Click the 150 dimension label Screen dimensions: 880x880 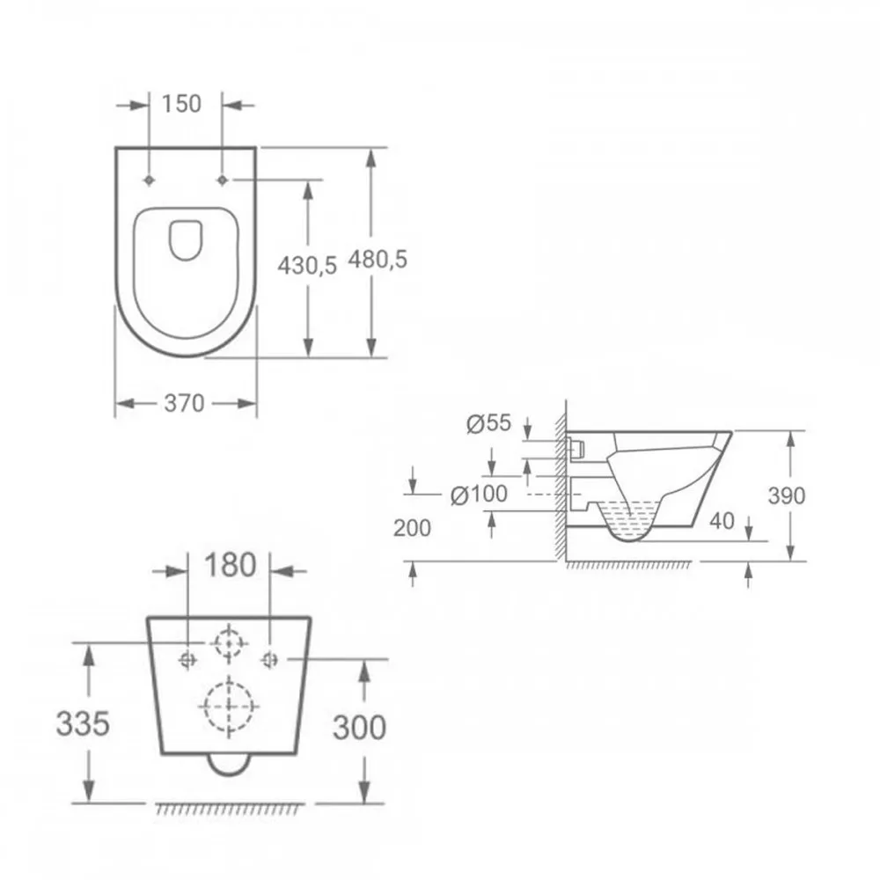(181, 104)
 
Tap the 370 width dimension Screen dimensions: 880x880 (184, 403)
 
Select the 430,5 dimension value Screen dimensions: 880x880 (307, 265)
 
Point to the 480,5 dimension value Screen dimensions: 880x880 (378, 260)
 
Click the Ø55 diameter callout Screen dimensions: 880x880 (488, 423)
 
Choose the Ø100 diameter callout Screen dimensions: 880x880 (479, 495)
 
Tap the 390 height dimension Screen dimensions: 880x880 (786, 495)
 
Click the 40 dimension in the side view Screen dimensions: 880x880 (722, 521)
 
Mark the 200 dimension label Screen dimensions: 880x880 (412, 528)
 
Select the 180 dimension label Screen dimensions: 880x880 (230, 565)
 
